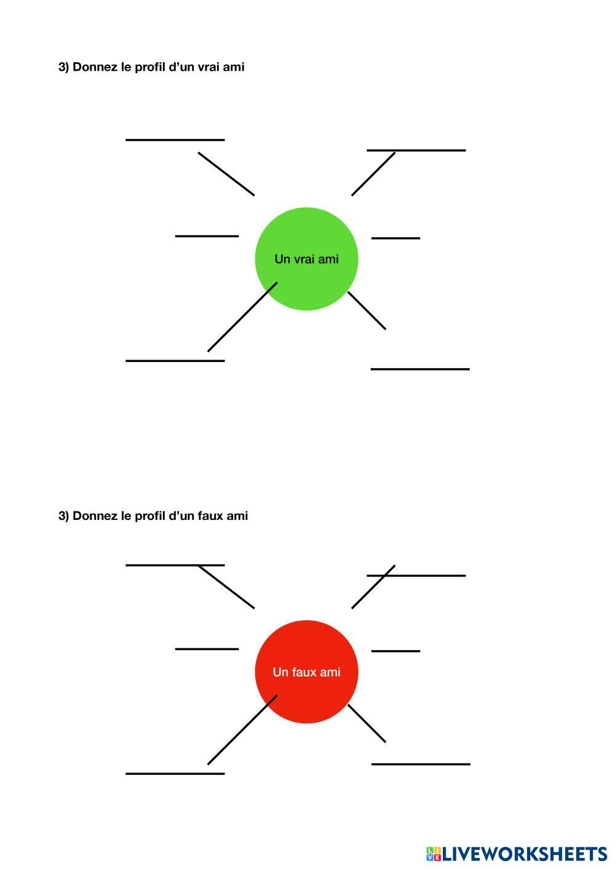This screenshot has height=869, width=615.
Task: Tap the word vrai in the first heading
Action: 209,67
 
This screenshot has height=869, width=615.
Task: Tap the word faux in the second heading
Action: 211,516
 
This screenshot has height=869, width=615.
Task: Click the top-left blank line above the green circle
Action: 175,140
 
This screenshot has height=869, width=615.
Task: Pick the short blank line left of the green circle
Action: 207,236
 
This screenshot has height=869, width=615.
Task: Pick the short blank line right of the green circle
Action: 395,238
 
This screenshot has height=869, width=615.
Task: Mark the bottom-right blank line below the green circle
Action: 420,369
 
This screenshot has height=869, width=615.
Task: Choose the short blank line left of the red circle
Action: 207,649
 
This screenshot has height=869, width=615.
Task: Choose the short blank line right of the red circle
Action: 395,651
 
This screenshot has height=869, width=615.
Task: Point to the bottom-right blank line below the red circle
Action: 421,764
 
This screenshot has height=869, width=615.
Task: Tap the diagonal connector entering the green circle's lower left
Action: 242,317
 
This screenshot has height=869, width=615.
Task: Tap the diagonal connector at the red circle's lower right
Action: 367,723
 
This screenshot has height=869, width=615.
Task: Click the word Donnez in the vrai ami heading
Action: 95,67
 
